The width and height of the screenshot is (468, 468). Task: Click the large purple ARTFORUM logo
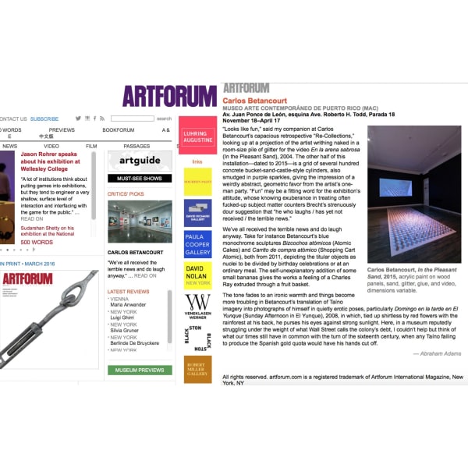(169, 96)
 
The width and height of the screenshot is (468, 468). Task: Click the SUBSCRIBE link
(44, 119)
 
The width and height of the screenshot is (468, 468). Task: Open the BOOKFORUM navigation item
(118, 129)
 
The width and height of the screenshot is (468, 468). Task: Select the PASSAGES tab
(136, 146)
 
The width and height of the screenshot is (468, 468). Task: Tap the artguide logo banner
(140, 161)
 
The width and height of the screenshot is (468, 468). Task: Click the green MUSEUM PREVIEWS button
(140, 370)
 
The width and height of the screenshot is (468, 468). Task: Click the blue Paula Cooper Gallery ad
(197, 243)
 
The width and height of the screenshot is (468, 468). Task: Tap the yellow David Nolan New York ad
(197, 275)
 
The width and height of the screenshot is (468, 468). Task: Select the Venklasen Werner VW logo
(197, 306)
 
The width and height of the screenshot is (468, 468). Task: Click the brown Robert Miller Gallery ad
(197, 368)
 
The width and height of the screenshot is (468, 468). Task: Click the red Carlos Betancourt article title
(255, 101)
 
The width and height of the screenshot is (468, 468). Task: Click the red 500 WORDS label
(37, 242)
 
